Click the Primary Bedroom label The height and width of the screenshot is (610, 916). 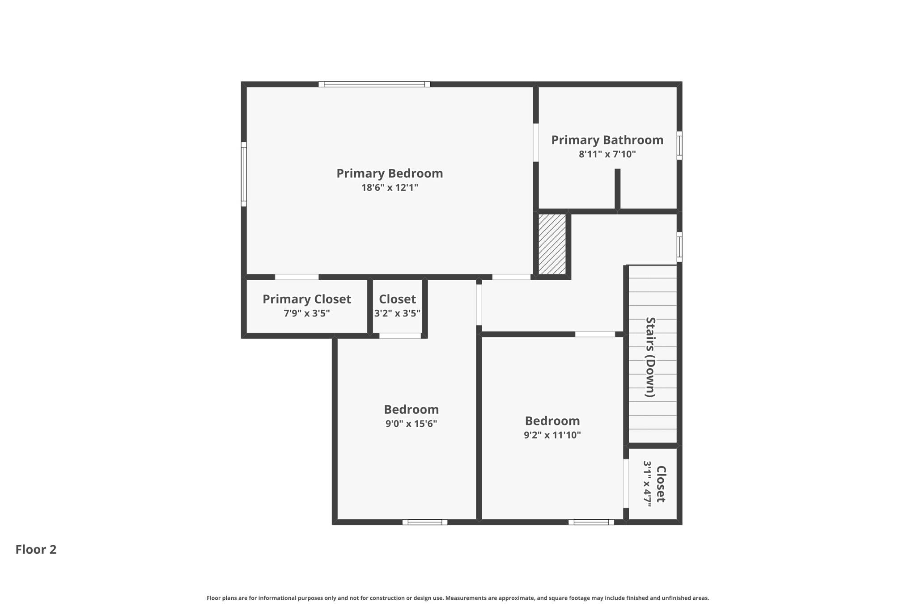[390, 173]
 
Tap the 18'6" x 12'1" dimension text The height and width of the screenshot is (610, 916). [390, 188]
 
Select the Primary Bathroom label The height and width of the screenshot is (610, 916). [607, 140]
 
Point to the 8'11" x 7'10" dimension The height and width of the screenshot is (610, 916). [607, 155]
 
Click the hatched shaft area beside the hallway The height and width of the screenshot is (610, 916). [552, 244]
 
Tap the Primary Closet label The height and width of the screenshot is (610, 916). [306, 299]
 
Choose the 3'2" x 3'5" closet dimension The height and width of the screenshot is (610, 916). [397, 313]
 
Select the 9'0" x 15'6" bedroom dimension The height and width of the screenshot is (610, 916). [411, 424]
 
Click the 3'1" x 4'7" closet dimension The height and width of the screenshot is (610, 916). [648, 484]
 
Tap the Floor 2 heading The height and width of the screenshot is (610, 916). [36, 550]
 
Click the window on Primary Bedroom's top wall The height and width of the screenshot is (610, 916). [374, 84]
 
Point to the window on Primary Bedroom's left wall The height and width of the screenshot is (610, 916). [244, 174]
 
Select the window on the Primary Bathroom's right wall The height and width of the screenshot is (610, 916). [679, 145]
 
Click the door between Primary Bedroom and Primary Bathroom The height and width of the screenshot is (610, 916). [535, 143]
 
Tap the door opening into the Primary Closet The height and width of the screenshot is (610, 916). [297, 277]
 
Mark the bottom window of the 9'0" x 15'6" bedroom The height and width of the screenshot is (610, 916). [424, 522]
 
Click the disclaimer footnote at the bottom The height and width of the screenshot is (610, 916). [458, 598]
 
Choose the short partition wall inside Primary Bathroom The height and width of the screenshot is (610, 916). [617, 189]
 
